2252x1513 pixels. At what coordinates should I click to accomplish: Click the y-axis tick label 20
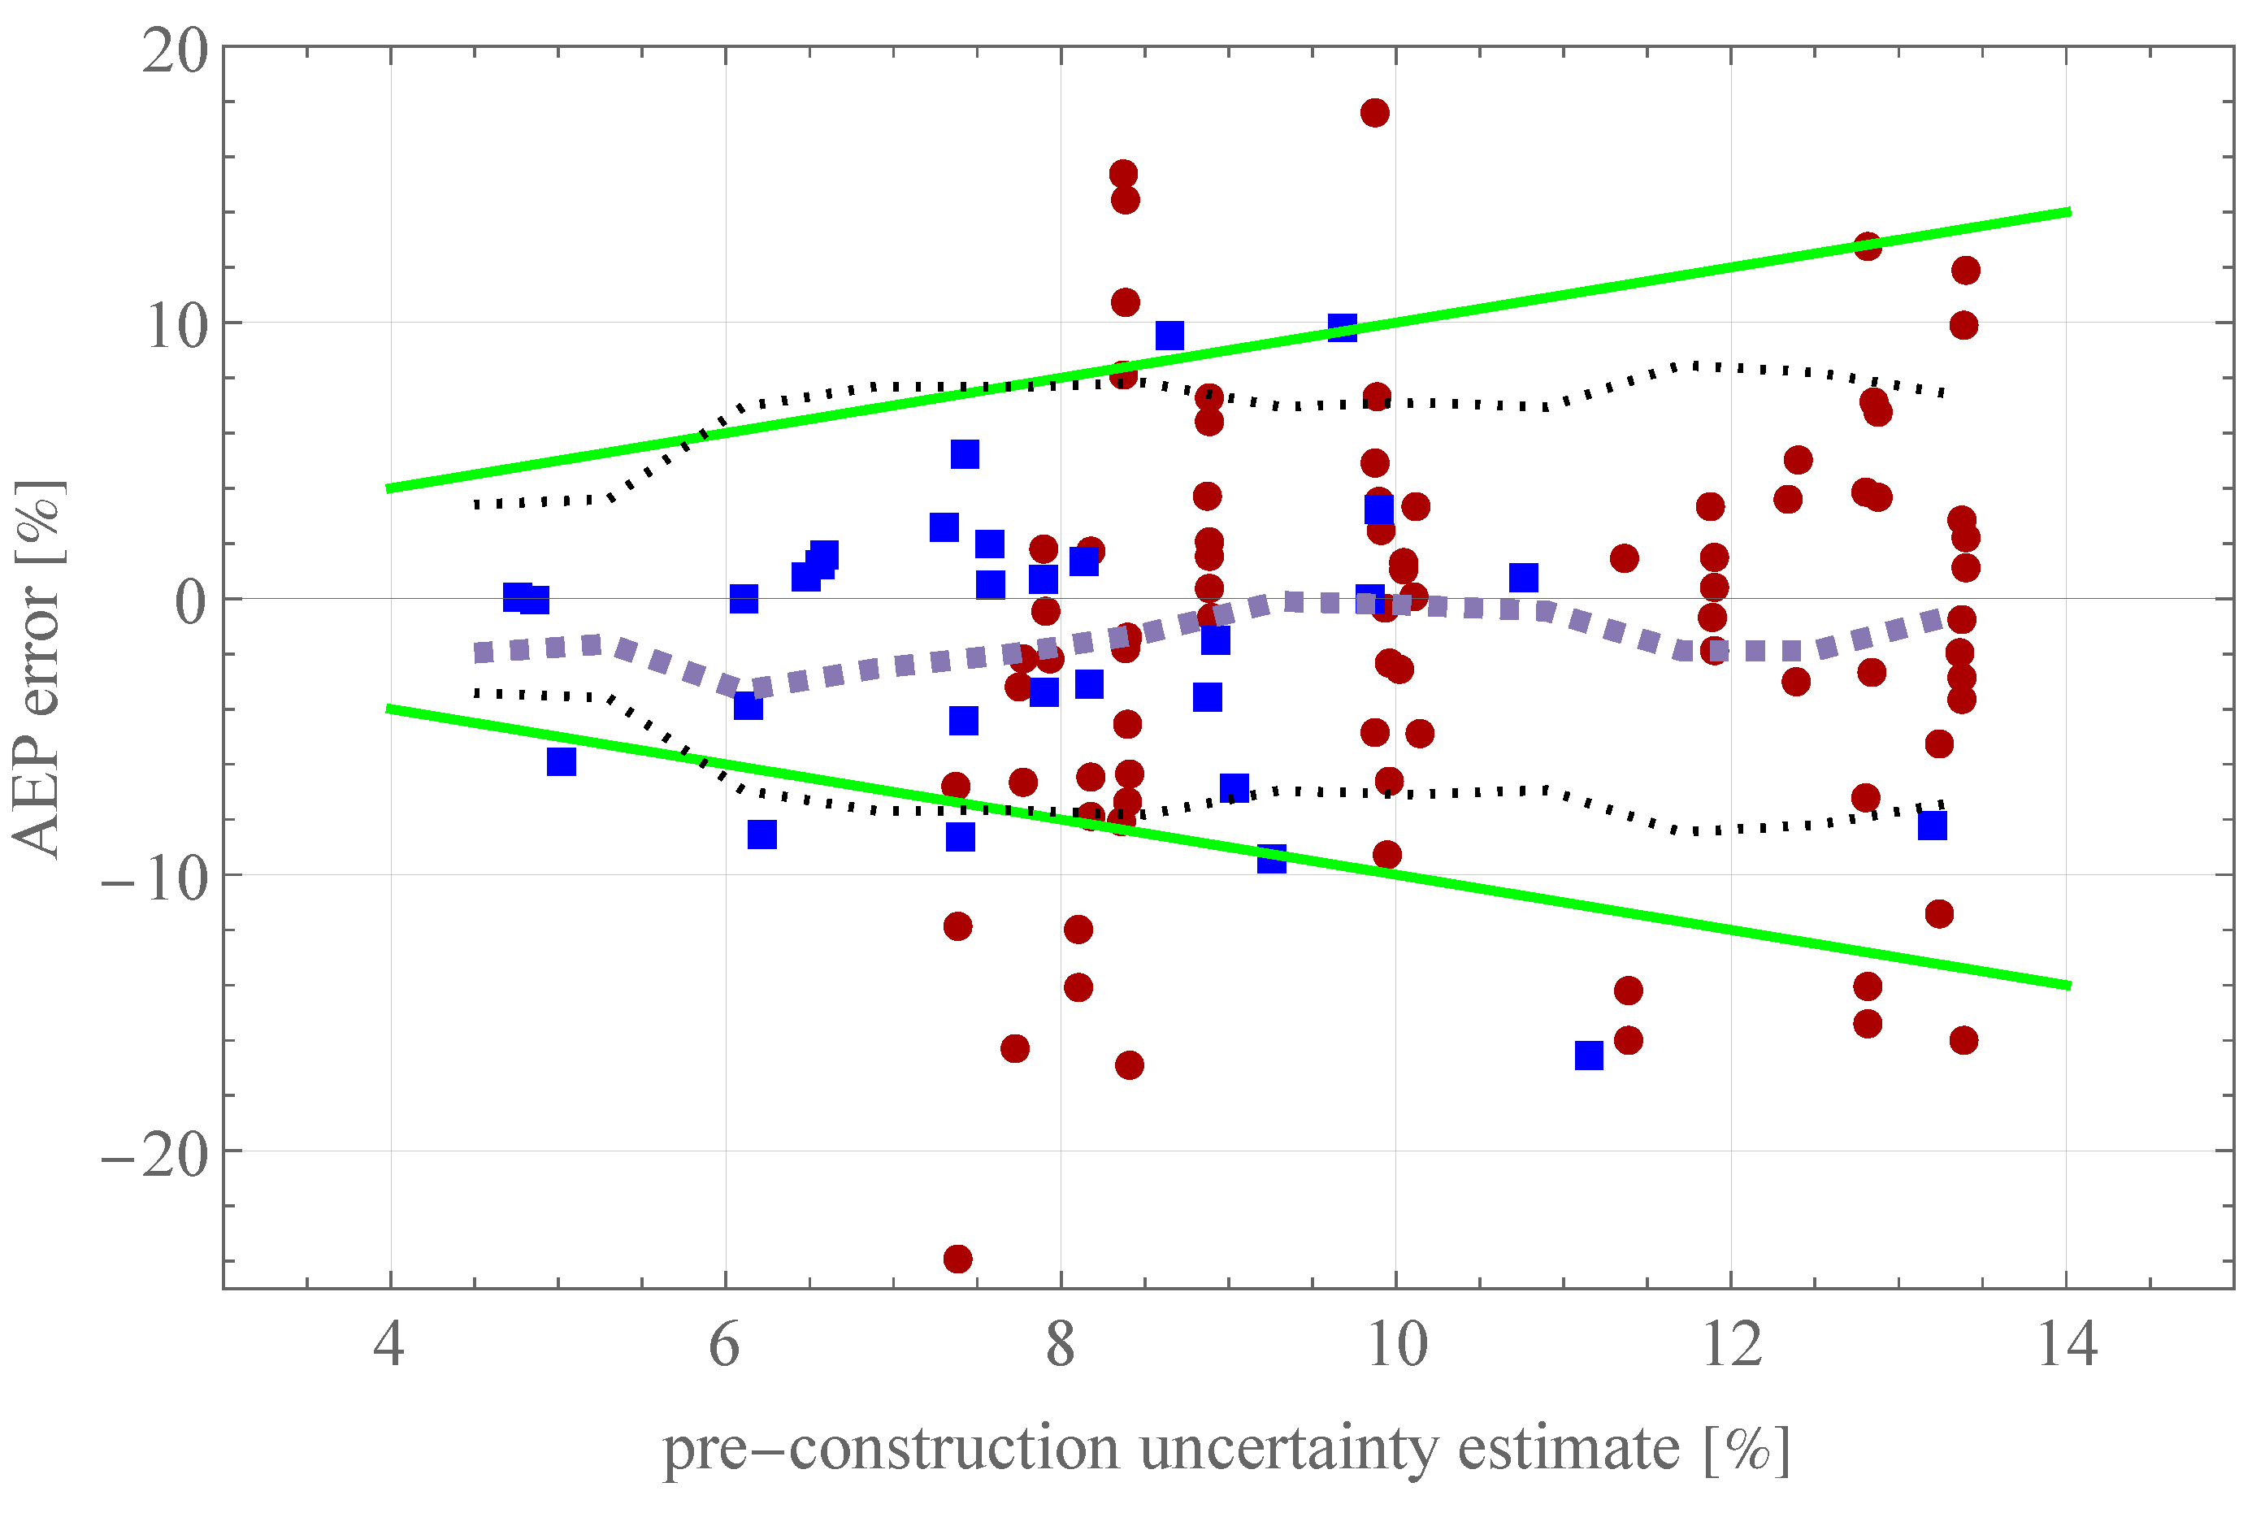175,50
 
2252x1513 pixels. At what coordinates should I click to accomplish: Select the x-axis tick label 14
2066,1344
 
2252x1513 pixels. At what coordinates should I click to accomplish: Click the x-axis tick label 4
388,1344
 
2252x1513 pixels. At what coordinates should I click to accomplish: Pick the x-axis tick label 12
1731,1344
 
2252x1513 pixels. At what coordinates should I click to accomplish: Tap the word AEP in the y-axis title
37,796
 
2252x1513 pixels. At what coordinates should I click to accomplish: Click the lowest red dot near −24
957,1258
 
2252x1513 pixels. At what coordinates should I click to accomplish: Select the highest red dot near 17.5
1375,113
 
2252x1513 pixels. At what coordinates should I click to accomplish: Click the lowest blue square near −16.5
1589,1056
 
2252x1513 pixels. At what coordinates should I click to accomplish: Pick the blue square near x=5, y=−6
562,761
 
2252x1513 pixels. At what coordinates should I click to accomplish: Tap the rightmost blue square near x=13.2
1932,826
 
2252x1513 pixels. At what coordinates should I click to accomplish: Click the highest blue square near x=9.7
1342,328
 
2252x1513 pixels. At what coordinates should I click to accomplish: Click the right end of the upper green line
2068,211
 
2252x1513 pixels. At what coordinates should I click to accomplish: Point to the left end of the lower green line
388,709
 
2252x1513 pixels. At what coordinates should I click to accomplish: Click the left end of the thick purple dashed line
479,653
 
